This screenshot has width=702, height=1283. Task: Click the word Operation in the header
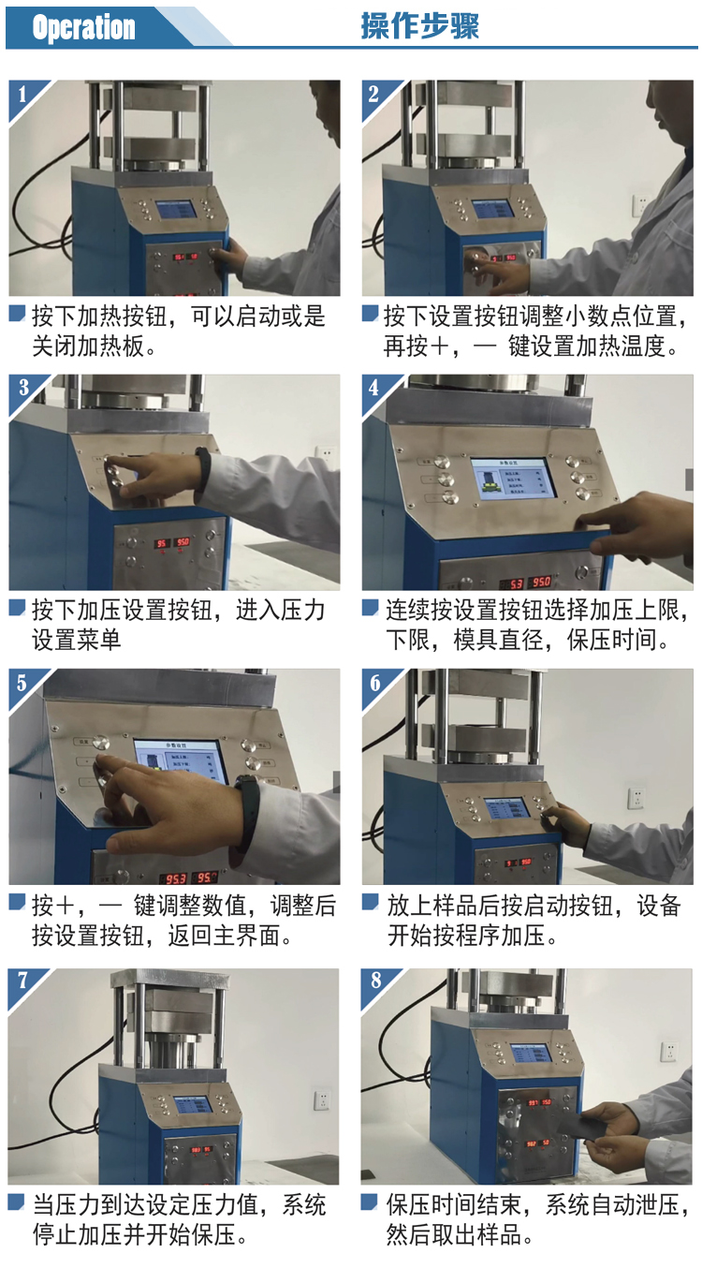click(83, 27)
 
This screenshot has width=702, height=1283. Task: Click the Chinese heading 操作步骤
click(419, 26)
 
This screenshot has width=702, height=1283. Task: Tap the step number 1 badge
click(22, 94)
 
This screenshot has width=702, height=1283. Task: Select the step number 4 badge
click(373, 388)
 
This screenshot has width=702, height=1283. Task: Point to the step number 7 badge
click(22, 980)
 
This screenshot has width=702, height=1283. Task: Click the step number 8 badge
click(375, 980)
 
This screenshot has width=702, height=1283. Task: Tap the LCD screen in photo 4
click(514, 479)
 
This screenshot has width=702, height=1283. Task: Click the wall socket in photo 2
click(641, 205)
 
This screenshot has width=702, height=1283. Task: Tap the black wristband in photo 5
click(248, 812)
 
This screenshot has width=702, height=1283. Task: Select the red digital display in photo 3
click(173, 542)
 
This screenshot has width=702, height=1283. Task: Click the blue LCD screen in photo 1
click(176, 210)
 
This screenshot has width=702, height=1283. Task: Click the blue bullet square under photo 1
click(18, 313)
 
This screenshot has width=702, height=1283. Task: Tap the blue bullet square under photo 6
click(371, 902)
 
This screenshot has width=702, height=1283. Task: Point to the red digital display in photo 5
click(188, 878)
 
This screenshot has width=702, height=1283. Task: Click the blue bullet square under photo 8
click(370, 1202)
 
